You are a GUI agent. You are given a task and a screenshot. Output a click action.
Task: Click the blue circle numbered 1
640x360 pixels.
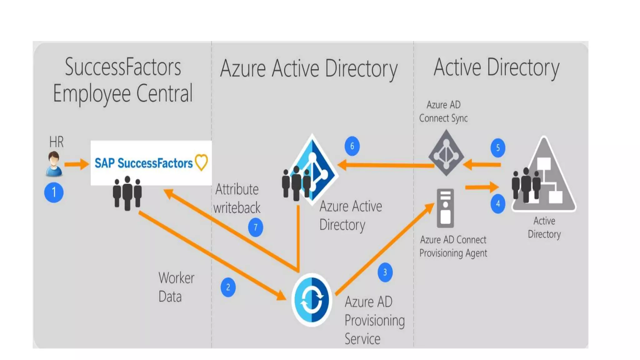pos(54,192)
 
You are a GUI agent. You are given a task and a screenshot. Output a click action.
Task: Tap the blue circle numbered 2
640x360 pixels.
pos(228,287)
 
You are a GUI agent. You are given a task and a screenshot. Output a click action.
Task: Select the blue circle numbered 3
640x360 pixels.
pos(385,272)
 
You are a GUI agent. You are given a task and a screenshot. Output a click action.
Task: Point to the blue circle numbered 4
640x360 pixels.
pos(498,204)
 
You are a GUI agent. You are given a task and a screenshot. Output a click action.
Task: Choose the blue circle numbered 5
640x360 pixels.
pos(498,147)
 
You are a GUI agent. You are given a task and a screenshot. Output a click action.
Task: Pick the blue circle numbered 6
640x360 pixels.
pos(352,146)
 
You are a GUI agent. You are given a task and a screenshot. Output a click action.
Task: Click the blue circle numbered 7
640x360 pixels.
pos(256,227)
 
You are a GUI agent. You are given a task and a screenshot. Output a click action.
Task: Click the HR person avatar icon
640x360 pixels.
pos(54,164)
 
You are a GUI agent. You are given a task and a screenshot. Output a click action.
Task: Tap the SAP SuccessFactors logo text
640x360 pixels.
pos(143,163)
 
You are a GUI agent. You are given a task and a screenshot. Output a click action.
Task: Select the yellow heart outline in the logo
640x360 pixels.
pos(201,162)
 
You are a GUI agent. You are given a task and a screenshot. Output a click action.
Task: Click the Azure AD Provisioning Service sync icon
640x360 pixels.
pos(312,300)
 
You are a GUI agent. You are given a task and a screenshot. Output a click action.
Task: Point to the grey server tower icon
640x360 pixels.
pos(445,208)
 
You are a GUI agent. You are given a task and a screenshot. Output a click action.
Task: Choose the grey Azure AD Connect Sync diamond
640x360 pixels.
pos(446,153)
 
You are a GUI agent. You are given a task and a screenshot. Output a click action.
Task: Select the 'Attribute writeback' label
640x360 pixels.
pos(237,198)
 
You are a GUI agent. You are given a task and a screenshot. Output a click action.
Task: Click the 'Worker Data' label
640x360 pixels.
pos(176,287)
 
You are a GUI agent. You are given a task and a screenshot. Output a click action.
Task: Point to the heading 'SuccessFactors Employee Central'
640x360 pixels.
pos(123,80)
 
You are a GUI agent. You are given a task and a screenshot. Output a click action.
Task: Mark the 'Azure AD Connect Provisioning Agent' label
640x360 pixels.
pos(453,246)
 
